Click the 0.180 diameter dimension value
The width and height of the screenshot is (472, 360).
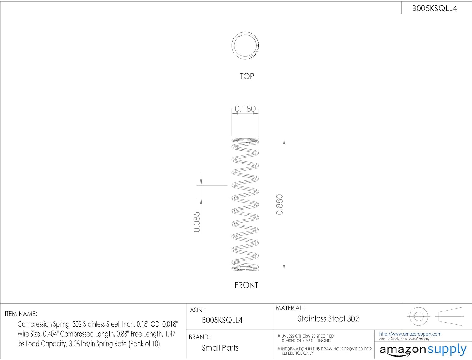[x=245, y=109]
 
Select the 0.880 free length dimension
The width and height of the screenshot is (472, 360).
[x=279, y=205]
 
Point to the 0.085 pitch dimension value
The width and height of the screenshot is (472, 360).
[x=197, y=222]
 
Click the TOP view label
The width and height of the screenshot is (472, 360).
[x=247, y=77]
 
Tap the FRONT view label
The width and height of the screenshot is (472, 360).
[x=246, y=285]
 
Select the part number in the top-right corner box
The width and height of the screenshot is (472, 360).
[x=434, y=9]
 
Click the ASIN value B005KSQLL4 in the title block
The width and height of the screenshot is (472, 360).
[x=222, y=320]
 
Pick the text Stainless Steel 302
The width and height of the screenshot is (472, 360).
[x=328, y=319]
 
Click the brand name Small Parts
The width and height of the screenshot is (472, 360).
[x=220, y=348]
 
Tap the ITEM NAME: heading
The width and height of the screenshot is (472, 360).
[x=21, y=314]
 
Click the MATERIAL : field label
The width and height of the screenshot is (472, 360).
[x=290, y=308]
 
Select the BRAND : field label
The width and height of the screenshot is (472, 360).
[x=200, y=337]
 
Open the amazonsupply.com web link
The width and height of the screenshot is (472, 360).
[x=410, y=334]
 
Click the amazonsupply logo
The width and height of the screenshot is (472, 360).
[x=423, y=350]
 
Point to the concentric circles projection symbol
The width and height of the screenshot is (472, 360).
[x=419, y=316]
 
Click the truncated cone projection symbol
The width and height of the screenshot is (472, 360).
[x=450, y=316]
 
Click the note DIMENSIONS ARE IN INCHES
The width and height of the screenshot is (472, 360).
[x=306, y=341]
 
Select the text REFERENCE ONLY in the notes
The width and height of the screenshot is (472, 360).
[x=297, y=353]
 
